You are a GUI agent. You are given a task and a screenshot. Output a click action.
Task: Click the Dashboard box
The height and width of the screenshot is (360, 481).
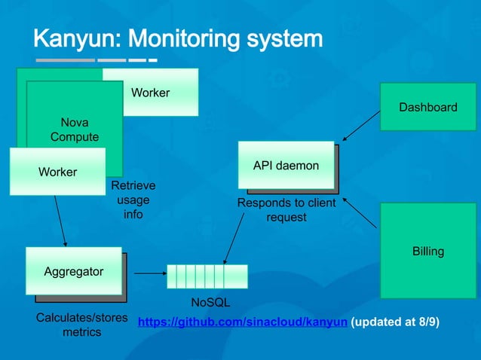point(427,108)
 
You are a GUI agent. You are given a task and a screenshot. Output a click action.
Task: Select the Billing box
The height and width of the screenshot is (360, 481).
point(427,251)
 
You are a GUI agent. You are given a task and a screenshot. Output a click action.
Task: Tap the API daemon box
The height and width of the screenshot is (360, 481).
point(286,165)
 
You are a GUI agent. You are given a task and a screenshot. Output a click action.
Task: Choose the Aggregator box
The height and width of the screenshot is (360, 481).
point(74,271)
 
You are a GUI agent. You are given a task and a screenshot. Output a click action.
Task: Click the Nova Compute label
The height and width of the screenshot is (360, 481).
point(74,129)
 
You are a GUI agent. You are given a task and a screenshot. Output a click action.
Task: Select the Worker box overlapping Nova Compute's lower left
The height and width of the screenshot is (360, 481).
point(57,172)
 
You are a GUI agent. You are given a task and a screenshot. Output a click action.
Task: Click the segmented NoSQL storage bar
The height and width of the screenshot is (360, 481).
point(207,276)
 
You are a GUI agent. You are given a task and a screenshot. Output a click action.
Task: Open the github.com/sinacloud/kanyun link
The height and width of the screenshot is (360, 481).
point(243,322)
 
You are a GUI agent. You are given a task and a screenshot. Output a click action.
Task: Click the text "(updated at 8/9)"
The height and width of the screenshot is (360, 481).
point(396,322)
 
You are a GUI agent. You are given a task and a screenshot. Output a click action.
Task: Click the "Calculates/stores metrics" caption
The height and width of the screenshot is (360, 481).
point(81,324)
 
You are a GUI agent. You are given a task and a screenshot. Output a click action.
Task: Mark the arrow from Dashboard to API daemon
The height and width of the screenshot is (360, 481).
point(360,126)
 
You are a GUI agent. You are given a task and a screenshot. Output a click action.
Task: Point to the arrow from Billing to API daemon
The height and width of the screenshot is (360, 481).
point(360,213)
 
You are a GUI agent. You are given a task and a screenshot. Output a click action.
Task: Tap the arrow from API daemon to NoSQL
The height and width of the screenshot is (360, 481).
point(234,237)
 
